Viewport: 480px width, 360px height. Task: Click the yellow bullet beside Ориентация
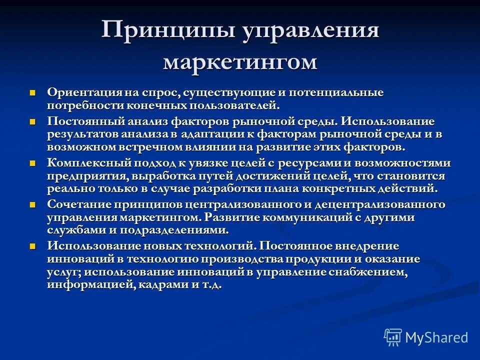pyautogui.click(x=33, y=93)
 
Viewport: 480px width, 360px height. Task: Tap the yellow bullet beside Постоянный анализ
pyautogui.click(x=33, y=122)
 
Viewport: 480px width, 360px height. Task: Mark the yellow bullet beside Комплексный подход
pyautogui.click(x=33, y=163)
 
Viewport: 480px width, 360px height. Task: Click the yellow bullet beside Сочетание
pyautogui.click(x=33, y=205)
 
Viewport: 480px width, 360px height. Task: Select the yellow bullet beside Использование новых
pyautogui.click(x=33, y=246)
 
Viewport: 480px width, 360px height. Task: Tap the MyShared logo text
pyautogui.click(x=436, y=337)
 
